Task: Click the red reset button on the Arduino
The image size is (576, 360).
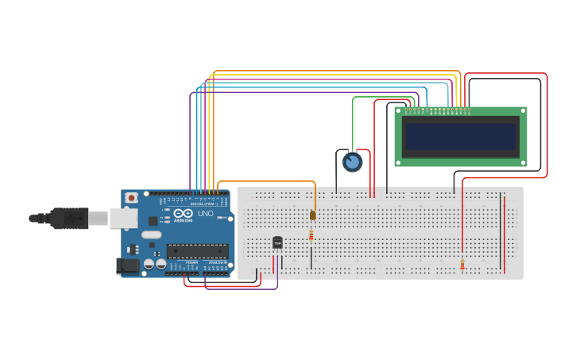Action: [131, 197]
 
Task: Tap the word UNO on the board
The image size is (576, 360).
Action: [205, 213]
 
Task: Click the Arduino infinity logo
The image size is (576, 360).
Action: [183, 213]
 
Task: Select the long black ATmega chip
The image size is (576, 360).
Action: [197, 251]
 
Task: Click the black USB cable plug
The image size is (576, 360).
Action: [68, 217]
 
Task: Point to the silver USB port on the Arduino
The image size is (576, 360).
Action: [123, 218]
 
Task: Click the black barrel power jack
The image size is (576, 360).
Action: [127, 266]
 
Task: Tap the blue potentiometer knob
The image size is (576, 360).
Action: [352, 162]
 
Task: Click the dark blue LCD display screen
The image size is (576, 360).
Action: [460, 137]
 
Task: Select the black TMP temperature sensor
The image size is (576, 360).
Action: [277, 242]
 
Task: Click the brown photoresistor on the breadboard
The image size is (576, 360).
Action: [312, 215]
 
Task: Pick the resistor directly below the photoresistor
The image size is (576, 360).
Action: [311, 235]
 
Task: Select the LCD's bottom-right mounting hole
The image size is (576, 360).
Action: [523, 162]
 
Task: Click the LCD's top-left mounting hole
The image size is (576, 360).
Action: [399, 111]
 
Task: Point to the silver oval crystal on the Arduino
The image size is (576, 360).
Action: [152, 234]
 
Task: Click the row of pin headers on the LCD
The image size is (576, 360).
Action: [436, 110]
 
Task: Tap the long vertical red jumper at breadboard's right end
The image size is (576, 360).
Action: [504, 233]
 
